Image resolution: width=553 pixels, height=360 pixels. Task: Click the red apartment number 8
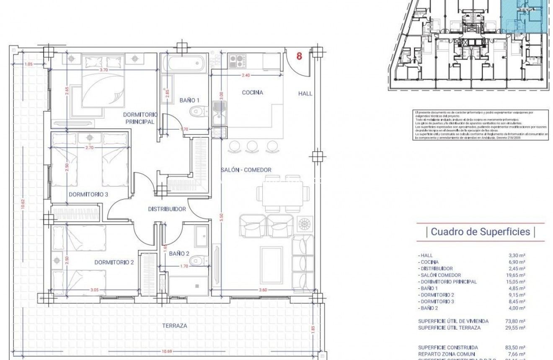pos(299,56)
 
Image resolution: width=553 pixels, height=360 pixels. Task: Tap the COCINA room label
pos(253,93)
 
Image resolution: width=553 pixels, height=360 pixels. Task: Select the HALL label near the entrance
pos(305,93)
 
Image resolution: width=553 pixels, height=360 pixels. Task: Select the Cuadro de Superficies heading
pos(480,232)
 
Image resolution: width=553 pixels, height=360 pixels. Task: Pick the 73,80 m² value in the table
pos(515,321)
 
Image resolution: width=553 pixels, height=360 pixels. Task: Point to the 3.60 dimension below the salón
pos(263,290)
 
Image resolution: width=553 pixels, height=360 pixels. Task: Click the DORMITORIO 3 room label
pos(88,194)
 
